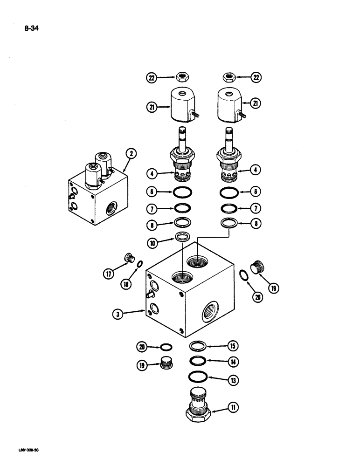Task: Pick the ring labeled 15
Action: pos(198,346)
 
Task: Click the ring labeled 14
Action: pos(198,361)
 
